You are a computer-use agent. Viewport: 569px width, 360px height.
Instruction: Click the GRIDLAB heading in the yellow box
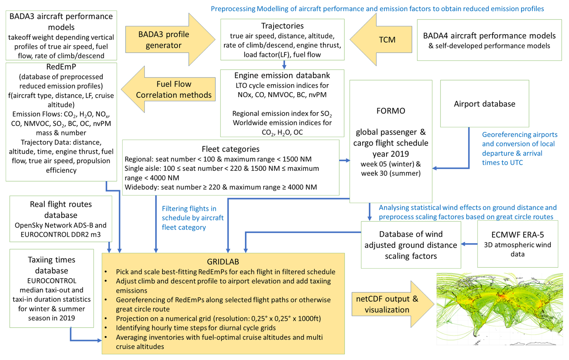coord(223,261)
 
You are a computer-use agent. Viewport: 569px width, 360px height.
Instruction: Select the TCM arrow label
coord(387,39)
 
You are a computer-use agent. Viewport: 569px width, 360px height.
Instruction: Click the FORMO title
coord(391,111)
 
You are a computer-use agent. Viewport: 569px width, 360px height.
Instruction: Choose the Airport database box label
coord(484,104)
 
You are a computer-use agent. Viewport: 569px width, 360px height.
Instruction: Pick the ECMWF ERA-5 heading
coord(517,234)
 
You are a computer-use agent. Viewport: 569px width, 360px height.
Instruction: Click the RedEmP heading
coord(61,66)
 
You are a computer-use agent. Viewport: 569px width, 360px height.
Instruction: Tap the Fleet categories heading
coord(230,149)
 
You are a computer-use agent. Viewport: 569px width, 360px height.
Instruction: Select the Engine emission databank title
coord(282,75)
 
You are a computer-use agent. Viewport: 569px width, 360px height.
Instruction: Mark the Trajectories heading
coord(282,26)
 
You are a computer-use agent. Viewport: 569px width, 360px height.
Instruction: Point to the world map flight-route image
coord(499,309)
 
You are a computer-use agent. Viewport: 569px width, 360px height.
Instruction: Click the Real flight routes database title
coord(61,209)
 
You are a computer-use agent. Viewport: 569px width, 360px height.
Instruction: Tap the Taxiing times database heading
coord(51,265)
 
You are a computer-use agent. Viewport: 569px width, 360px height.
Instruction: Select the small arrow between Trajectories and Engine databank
coord(284,65)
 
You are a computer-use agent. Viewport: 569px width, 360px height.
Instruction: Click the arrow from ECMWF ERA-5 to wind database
coord(469,244)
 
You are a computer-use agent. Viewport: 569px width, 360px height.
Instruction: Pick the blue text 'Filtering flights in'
coord(189,208)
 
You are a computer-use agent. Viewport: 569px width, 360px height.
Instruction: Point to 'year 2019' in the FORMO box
coord(391,154)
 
